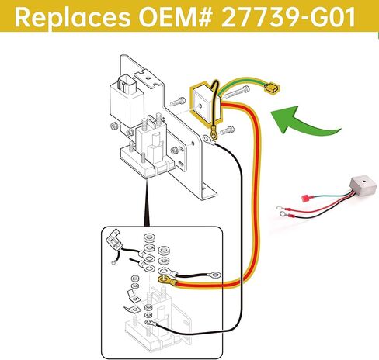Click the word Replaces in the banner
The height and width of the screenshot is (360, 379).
pos(73,17)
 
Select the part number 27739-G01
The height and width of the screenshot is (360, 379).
pos(288,17)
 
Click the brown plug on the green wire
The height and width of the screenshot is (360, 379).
pos(272,88)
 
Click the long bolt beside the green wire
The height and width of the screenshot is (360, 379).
pos(237,92)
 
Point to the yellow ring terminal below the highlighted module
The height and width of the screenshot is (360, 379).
pos(214,133)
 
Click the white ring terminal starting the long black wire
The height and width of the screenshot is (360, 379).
pos(208,140)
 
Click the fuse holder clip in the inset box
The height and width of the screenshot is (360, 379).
pos(113,239)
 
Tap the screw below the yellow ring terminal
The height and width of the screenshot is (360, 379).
pos(227,131)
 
